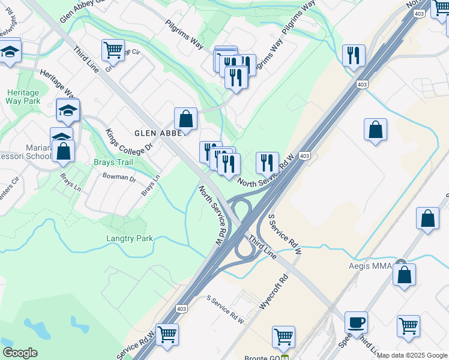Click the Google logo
click(x=20, y=353)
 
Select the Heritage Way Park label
click(x=23, y=97)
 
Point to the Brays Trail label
click(x=112, y=162)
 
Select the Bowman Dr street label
click(x=119, y=177)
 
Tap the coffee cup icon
click(x=357, y=323)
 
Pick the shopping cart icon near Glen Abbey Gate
click(x=113, y=51)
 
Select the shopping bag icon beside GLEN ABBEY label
click(x=186, y=118)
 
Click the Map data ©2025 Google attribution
click(x=412, y=355)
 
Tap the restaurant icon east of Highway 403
click(x=354, y=55)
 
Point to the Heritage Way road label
click(x=57, y=83)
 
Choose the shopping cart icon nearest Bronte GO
click(x=283, y=337)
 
